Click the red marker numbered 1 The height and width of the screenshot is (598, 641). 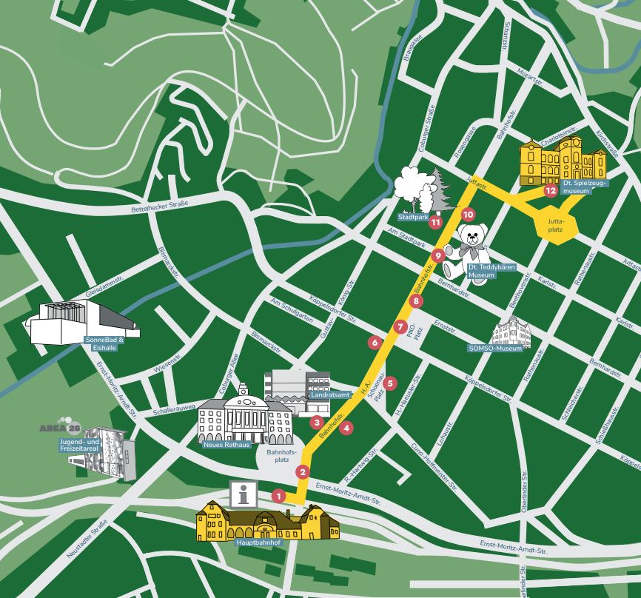(278, 495)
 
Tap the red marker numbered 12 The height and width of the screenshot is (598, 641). (550, 191)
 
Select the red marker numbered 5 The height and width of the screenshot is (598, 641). (390, 383)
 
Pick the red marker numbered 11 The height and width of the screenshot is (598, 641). (436, 221)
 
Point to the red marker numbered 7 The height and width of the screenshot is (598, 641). (400, 326)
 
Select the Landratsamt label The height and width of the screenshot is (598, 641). (310, 395)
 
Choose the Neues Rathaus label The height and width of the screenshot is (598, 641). (226, 445)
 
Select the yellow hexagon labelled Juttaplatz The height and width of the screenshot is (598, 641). (554, 224)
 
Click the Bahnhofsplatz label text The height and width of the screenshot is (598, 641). (281, 455)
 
